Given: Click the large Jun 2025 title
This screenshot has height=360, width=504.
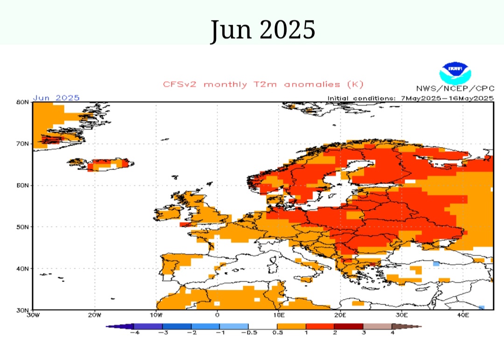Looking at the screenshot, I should (263, 29).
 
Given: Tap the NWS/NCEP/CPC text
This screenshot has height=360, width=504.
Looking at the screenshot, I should (455, 89).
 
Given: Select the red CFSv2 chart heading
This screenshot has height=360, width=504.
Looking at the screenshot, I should (263, 85).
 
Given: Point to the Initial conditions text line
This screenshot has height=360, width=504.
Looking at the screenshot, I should (410, 98).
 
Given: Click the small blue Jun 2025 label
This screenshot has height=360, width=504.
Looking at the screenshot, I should (56, 98).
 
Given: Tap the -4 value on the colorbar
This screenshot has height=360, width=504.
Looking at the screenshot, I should (133, 333).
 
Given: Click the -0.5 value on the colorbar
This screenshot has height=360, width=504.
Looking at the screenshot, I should (248, 333).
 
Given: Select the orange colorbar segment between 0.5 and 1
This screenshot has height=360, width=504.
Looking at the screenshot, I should (291, 326).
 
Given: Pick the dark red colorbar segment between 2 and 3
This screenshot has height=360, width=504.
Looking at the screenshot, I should (349, 326).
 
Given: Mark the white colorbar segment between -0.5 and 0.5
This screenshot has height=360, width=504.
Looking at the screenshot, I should (263, 326).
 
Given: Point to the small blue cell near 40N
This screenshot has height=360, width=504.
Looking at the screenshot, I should (436, 264).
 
